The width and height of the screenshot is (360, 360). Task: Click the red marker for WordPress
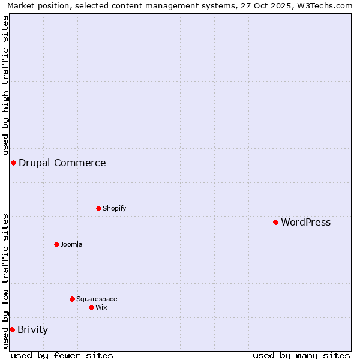point(275,222)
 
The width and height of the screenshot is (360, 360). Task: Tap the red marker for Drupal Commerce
point(13,163)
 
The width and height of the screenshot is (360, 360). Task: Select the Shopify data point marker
point(98,208)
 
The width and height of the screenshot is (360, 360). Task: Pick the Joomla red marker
point(56,244)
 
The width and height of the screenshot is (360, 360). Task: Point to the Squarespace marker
point(72,299)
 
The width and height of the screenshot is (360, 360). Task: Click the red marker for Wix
point(91,307)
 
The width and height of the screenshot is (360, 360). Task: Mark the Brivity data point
point(12,329)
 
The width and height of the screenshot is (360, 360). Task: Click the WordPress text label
point(305,222)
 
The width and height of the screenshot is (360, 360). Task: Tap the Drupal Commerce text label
point(62,163)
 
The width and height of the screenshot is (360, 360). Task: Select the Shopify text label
point(114,208)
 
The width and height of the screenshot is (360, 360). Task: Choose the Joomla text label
point(71,244)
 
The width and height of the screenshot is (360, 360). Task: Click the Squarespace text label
point(97,299)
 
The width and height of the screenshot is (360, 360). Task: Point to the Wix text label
point(101,307)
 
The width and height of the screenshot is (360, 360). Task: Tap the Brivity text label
point(32,329)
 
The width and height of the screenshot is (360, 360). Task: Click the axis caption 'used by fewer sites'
point(62,355)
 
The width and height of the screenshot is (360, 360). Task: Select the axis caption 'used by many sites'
point(301,355)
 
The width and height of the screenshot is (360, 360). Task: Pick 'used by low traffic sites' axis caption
point(5,281)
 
